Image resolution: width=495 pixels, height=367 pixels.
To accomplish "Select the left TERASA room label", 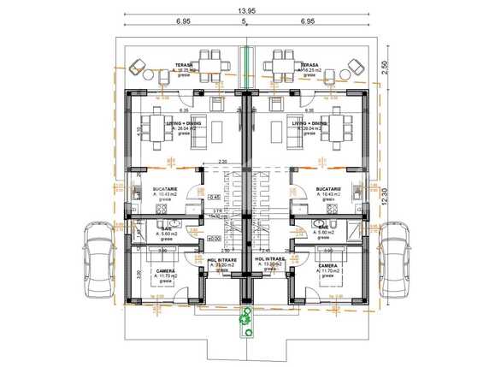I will [185, 64].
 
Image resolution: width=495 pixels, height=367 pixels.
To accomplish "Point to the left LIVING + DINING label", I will [184, 123].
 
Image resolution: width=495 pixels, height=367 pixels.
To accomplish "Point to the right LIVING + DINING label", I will [309, 123].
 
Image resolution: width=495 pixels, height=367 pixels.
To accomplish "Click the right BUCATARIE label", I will [327, 188].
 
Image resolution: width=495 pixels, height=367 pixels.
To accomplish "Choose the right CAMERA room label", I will [327, 265].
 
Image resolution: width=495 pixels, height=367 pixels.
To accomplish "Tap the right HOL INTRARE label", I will [270, 259].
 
